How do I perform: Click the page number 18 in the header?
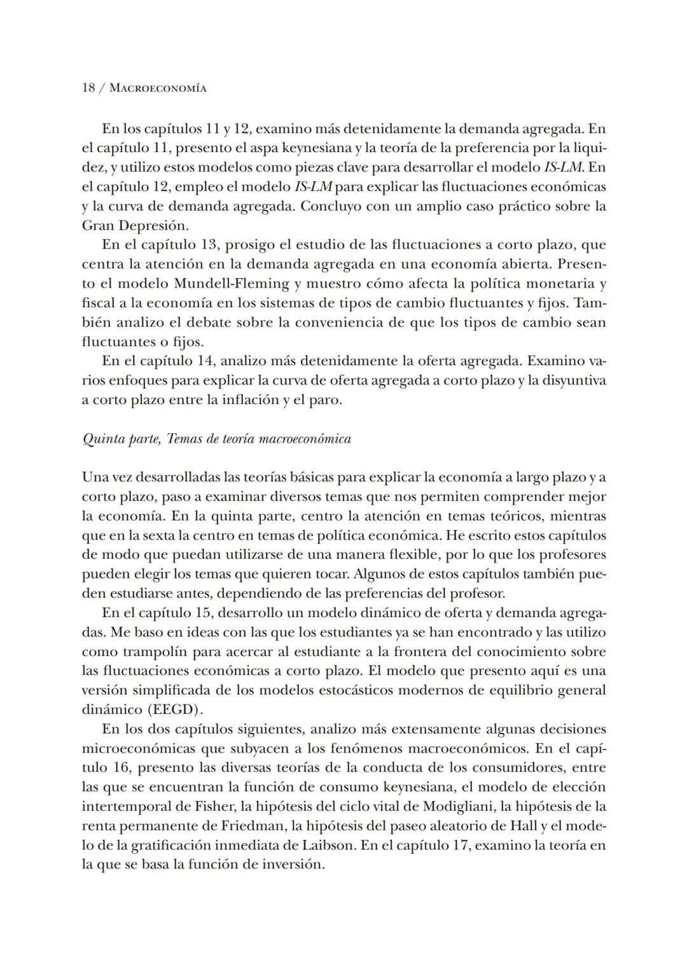[x=88, y=88]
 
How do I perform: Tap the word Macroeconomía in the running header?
[x=158, y=88]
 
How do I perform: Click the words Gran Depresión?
[x=135, y=225]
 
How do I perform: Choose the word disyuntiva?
[x=571, y=380]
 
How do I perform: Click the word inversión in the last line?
[x=294, y=865]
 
